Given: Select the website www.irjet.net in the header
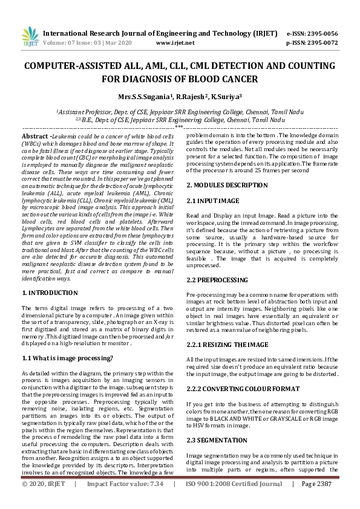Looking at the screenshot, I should tap(175, 43).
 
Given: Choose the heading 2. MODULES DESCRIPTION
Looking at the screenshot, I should tap(223, 184).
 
